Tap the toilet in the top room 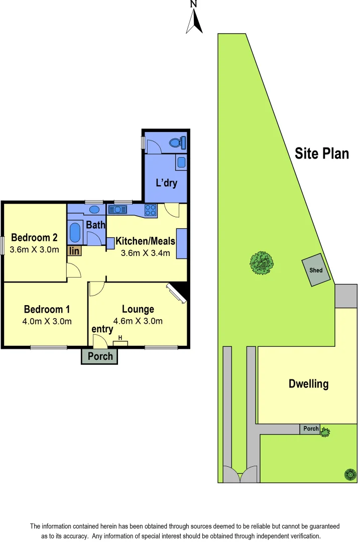tap(177, 143)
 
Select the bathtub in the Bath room tap(75, 232)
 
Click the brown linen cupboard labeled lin tap(74, 250)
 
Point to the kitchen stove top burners tap(151, 210)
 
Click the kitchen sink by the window tap(119, 209)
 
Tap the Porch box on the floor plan tap(100, 356)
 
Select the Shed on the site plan tap(316, 270)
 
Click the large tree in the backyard tap(262, 263)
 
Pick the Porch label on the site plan tap(311, 429)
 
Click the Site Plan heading tap(322, 153)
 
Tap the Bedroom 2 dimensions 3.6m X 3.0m tap(34, 249)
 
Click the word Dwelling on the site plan tap(308, 384)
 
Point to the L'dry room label tap(166, 183)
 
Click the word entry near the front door tap(102, 329)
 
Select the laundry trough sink tap(181, 162)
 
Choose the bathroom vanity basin tap(93, 210)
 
